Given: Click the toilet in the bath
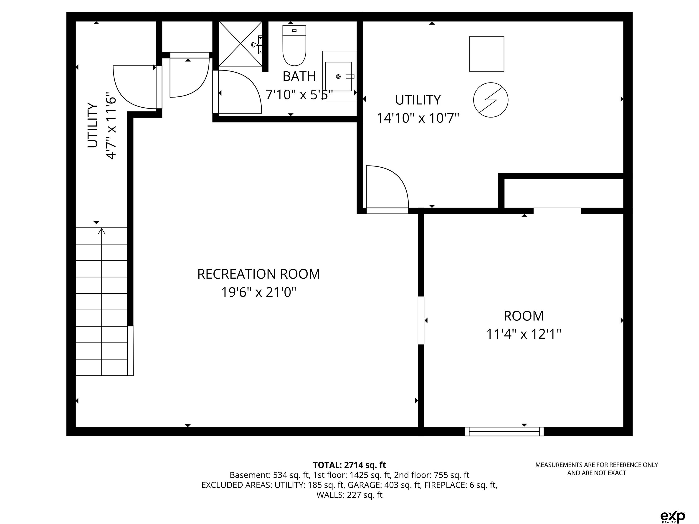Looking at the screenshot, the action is pyautogui.click(x=294, y=45).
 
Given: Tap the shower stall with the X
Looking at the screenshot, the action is pyautogui.click(x=241, y=44).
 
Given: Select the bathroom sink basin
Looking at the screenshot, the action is pyautogui.click(x=338, y=76).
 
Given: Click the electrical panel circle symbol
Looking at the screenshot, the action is pyautogui.click(x=491, y=100).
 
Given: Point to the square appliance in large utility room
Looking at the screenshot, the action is pyautogui.click(x=487, y=54).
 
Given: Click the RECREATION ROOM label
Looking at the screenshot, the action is pyautogui.click(x=258, y=274).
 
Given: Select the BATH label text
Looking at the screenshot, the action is pyautogui.click(x=299, y=76).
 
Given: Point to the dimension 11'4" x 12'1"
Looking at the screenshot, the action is pyautogui.click(x=524, y=334).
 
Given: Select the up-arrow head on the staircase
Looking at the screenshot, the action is pyautogui.click(x=101, y=231).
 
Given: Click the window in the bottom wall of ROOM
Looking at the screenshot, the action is pyautogui.click(x=504, y=431).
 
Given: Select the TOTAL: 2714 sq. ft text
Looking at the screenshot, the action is pyautogui.click(x=349, y=465).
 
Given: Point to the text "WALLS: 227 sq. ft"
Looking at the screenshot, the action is pyautogui.click(x=349, y=495).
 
